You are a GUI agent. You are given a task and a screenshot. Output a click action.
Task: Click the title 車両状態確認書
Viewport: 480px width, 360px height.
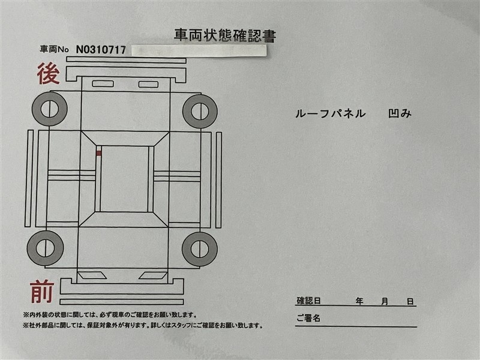pyautogui.click(x=225, y=35)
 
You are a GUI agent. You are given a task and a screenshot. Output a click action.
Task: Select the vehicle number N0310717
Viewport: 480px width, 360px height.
pyautogui.click(x=101, y=50)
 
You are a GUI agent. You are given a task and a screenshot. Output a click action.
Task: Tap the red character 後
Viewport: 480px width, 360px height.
pyautogui.click(x=49, y=73)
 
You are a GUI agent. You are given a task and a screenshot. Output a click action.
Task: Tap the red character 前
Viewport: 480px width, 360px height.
pyautogui.click(x=42, y=292)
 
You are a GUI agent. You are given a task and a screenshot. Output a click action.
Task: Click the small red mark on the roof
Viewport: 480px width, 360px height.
pyautogui.click(x=98, y=154)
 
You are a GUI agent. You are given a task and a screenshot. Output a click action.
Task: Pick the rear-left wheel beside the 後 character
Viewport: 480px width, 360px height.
pyautogui.click(x=50, y=109)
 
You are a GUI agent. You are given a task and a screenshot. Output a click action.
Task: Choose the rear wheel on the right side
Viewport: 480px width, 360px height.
pyautogui.click(x=200, y=111)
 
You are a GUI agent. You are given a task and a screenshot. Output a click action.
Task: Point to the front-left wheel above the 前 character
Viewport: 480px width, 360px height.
pyautogui.click(x=46, y=248)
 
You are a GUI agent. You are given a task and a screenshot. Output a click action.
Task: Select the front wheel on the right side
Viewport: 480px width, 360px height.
pyautogui.click(x=200, y=249)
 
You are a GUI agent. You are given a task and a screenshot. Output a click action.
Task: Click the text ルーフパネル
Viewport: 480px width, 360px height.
pyautogui.click(x=331, y=113)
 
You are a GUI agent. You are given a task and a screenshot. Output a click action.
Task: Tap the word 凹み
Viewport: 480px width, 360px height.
pyautogui.click(x=400, y=113)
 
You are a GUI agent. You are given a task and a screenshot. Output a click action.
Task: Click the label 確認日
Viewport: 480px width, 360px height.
pyautogui.click(x=308, y=301)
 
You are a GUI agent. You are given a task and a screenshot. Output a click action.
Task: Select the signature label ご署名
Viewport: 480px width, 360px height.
pyautogui.click(x=308, y=318)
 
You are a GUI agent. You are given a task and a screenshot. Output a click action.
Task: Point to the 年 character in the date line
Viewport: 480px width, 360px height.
pyautogui.click(x=359, y=302)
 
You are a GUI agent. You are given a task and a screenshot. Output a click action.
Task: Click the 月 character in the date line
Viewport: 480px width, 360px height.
pyautogui.click(x=385, y=302)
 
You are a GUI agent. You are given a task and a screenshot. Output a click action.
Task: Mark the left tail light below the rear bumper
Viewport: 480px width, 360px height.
pyautogui.click(x=103, y=83)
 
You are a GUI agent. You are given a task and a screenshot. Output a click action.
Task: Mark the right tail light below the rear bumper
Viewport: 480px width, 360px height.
pyautogui.click(x=148, y=84)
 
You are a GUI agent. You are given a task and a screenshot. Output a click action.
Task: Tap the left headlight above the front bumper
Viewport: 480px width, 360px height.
pyautogui.click(x=92, y=275)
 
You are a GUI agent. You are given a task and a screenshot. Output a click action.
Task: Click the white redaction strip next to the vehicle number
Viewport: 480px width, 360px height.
pyautogui.click(x=199, y=51)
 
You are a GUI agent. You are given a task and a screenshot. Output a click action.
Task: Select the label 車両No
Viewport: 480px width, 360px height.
pyautogui.click(x=54, y=49)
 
